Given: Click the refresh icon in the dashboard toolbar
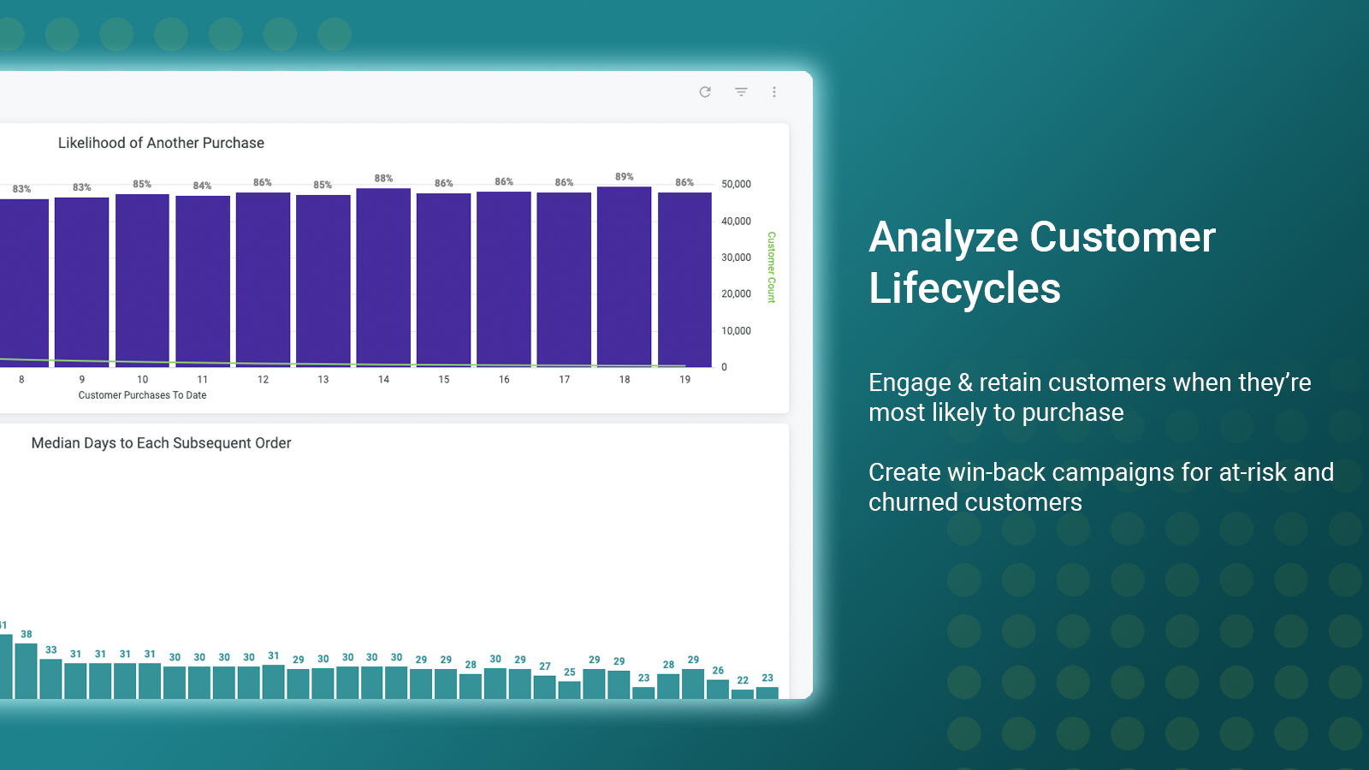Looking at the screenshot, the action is pyautogui.click(x=705, y=92).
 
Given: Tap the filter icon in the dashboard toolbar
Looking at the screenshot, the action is pyautogui.click(x=741, y=92).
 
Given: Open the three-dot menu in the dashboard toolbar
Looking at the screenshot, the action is pyautogui.click(x=774, y=92).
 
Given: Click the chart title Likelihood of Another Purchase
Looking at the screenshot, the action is pyautogui.click(x=162, y=143).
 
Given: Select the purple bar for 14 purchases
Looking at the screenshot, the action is pyautogui.click(x=383, y=277).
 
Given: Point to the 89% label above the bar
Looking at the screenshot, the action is pyautogui.click(x=624, y=176).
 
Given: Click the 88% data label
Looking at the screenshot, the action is pyautogui.click(x=383, y=179).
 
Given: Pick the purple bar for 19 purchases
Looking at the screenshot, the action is pyautogui.click(x=684, y=280).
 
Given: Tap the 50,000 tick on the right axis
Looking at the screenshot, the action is pyautogui.click(x=736, y=184).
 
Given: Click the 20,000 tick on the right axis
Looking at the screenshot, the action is pyautogui.click(x=736, y=294).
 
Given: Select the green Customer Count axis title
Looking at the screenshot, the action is pyautogui.click(x=771, y=267).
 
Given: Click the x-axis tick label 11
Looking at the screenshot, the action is pyautogui.click(x=202, y=380).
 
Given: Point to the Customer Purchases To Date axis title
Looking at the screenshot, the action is pyautogui.click(x=142, y=395).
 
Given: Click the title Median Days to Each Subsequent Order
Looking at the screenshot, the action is pyautogui.click(x=162, y=443).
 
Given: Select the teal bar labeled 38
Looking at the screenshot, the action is pyautogui.click(x=27, y=671).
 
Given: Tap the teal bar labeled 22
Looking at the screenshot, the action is pyautogui.click(x=743, y=694).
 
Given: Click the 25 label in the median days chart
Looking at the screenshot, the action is pyautogui.click(x=570, y=672).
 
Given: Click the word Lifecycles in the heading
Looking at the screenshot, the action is pyautogui.click(x=964, y=287).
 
